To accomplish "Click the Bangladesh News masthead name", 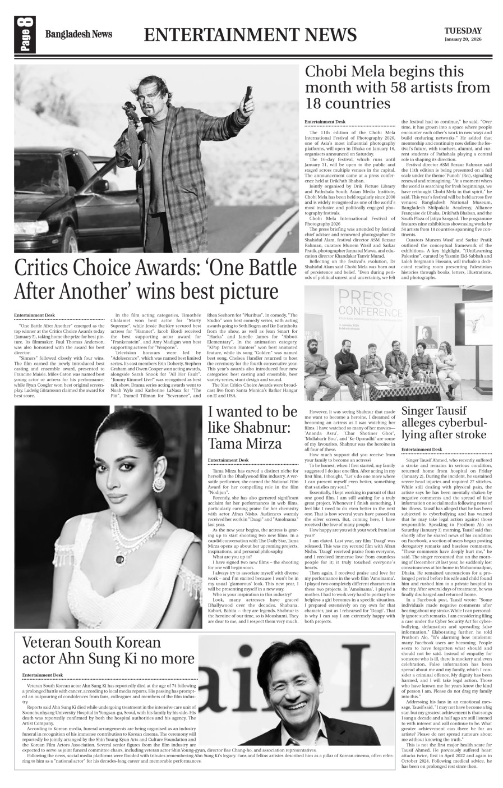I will click(x=79, y=35).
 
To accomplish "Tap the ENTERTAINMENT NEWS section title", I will click(x=250, y=35).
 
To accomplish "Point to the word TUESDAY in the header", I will click(x=463, y=30).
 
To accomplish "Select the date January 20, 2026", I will click(x=463, y=40).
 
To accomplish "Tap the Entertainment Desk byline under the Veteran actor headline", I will click(x=43, y=675).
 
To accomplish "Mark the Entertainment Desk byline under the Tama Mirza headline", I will click(x=228, y=460).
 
